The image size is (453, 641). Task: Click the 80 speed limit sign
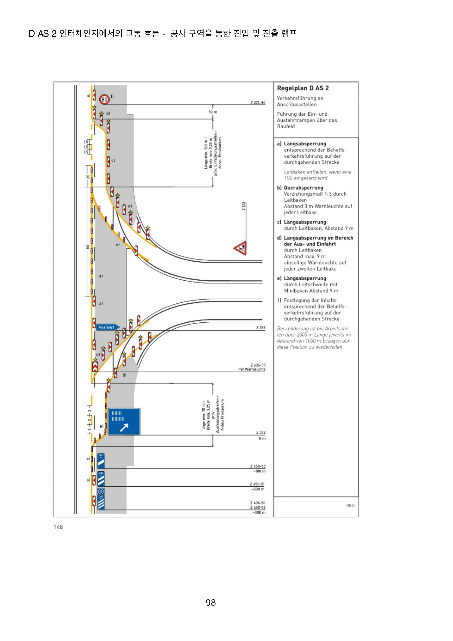pos(104,99)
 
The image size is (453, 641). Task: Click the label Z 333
pos(261,328)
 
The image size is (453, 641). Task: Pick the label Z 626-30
pos(258,365)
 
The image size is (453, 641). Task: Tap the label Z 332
pos(261,432)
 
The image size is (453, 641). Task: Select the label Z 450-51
pos(257,484)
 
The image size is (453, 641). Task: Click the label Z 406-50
pos(258,503)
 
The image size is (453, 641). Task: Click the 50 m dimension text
pos(213,112)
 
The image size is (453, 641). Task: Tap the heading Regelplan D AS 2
pos(303,88)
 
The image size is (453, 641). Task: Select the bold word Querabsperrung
pos(303,188)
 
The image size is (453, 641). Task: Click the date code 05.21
pos(351,506)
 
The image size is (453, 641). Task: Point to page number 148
pos(58,527)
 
